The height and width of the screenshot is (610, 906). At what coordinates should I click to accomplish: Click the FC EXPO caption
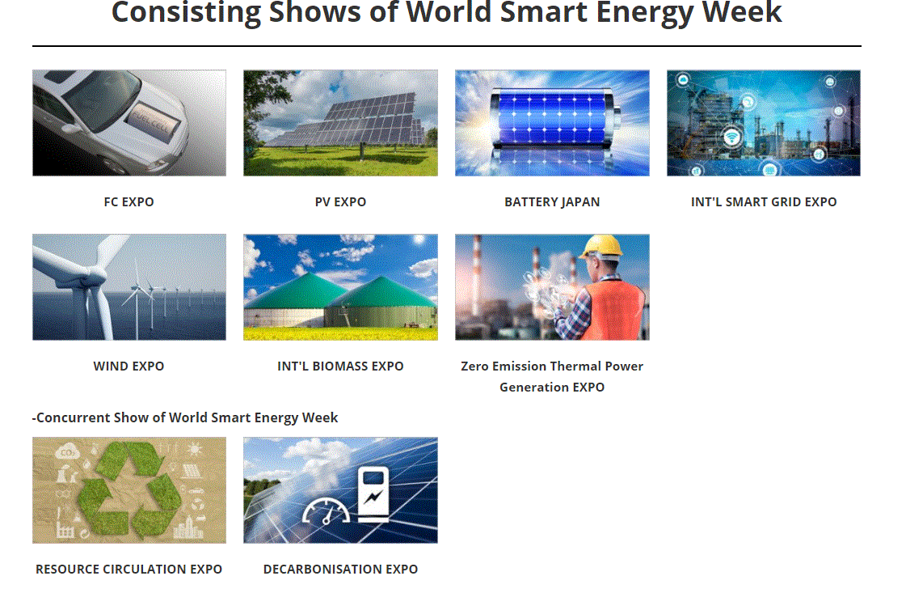coord(129,201)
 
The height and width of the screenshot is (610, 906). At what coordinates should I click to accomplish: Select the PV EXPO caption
coord(340,201)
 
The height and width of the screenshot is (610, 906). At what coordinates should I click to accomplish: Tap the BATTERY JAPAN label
coord(552,201)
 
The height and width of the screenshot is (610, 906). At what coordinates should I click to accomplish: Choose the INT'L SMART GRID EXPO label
coord(763,201)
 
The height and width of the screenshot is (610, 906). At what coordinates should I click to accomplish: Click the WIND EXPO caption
coord(129,366)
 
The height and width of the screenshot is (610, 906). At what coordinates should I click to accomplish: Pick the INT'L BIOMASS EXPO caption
coord(340,366)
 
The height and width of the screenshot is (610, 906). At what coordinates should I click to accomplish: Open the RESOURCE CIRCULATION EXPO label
coord(129,569)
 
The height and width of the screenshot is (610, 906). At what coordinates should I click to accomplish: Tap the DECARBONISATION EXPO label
coord(340,569)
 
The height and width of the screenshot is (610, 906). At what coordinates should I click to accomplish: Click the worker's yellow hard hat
coord(601,246)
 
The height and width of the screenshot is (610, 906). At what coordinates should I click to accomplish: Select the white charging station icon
coord(373,494)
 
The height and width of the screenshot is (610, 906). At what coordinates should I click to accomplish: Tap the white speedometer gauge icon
coord(327,511)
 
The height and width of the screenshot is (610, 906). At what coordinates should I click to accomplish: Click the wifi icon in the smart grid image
coord(732,138)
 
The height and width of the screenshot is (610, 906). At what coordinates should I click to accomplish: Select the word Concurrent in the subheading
coord(73,417)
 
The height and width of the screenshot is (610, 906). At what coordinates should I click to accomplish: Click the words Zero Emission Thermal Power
coord(552,366)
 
